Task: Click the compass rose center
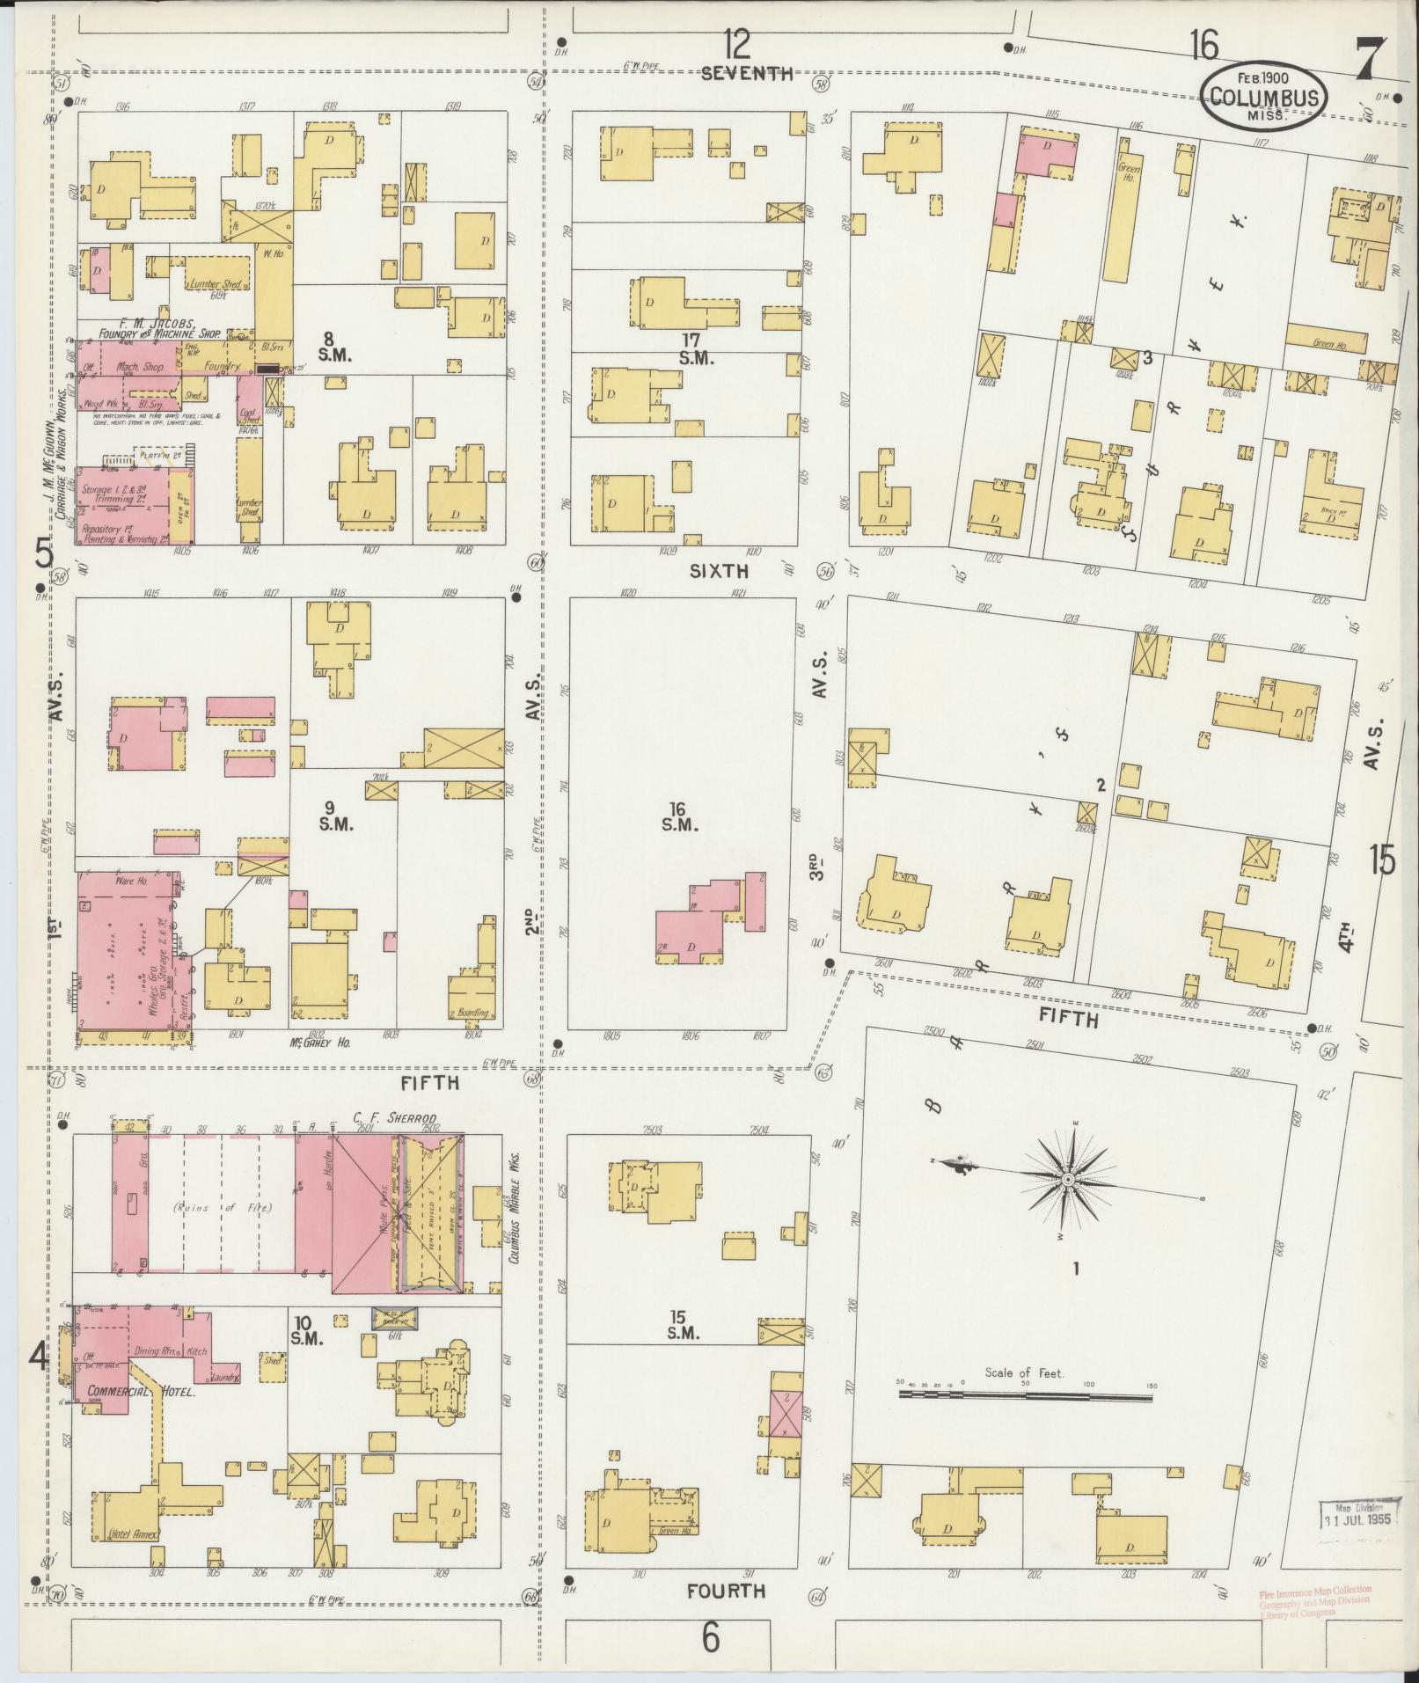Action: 1066,1178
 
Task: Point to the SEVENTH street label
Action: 747,74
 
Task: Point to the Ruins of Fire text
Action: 203,1208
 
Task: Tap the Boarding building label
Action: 472,1013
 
